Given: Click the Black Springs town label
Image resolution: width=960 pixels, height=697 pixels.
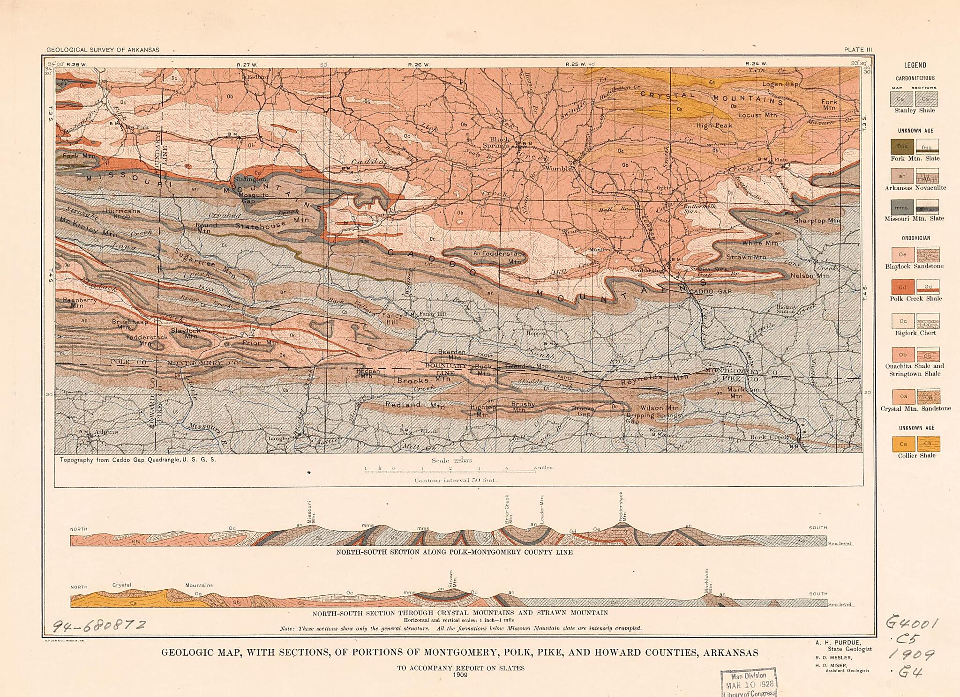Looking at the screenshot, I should (499, 142).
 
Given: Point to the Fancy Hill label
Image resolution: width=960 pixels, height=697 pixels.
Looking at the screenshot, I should (392, 319).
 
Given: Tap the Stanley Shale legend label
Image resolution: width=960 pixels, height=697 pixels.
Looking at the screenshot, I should (914, 111).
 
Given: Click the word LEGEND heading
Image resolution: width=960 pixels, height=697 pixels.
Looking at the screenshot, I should (915, 66).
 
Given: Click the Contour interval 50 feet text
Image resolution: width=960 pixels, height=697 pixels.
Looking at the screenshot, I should (449, 480).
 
